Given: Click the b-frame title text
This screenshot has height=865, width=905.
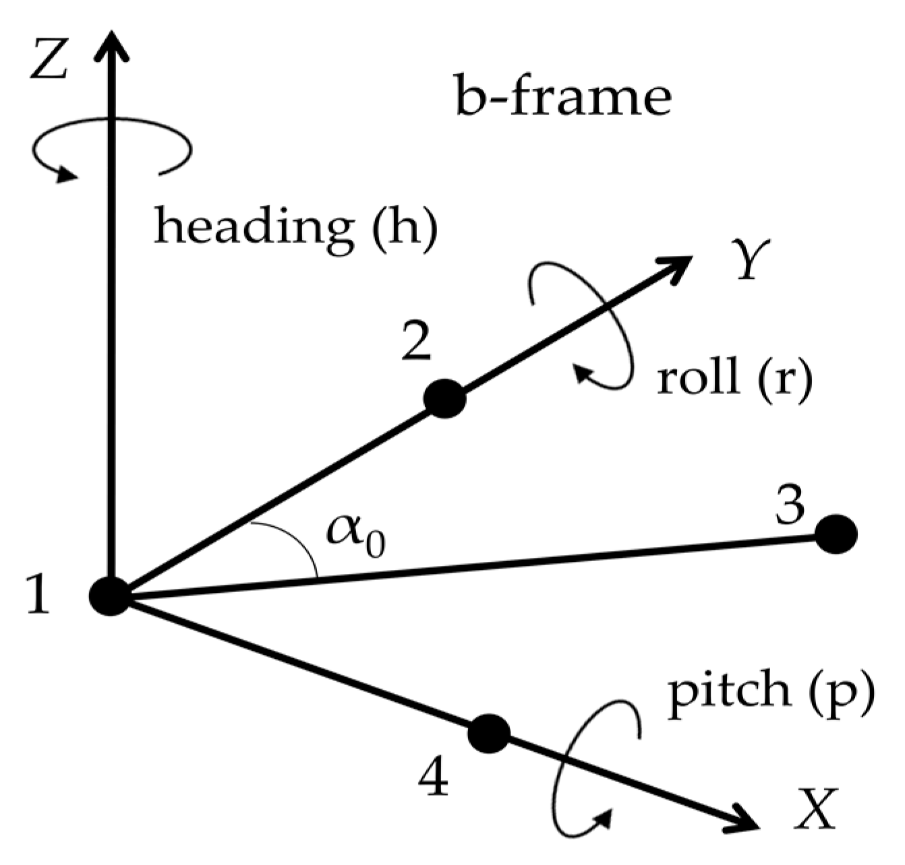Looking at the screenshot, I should click(563, 98).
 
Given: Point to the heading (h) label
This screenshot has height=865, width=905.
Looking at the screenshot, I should click(296, 228).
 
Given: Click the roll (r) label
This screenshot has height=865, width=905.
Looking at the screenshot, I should click(734, 379).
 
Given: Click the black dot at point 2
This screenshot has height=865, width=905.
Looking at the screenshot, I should click(444, 398).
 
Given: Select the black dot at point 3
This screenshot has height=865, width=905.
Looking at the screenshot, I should click(836, 534).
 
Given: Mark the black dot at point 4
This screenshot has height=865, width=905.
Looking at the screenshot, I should click(489, 733).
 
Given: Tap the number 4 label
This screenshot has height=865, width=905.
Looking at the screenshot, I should click(433, 779).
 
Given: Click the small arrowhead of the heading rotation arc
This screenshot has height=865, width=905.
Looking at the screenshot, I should click(67, 174).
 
